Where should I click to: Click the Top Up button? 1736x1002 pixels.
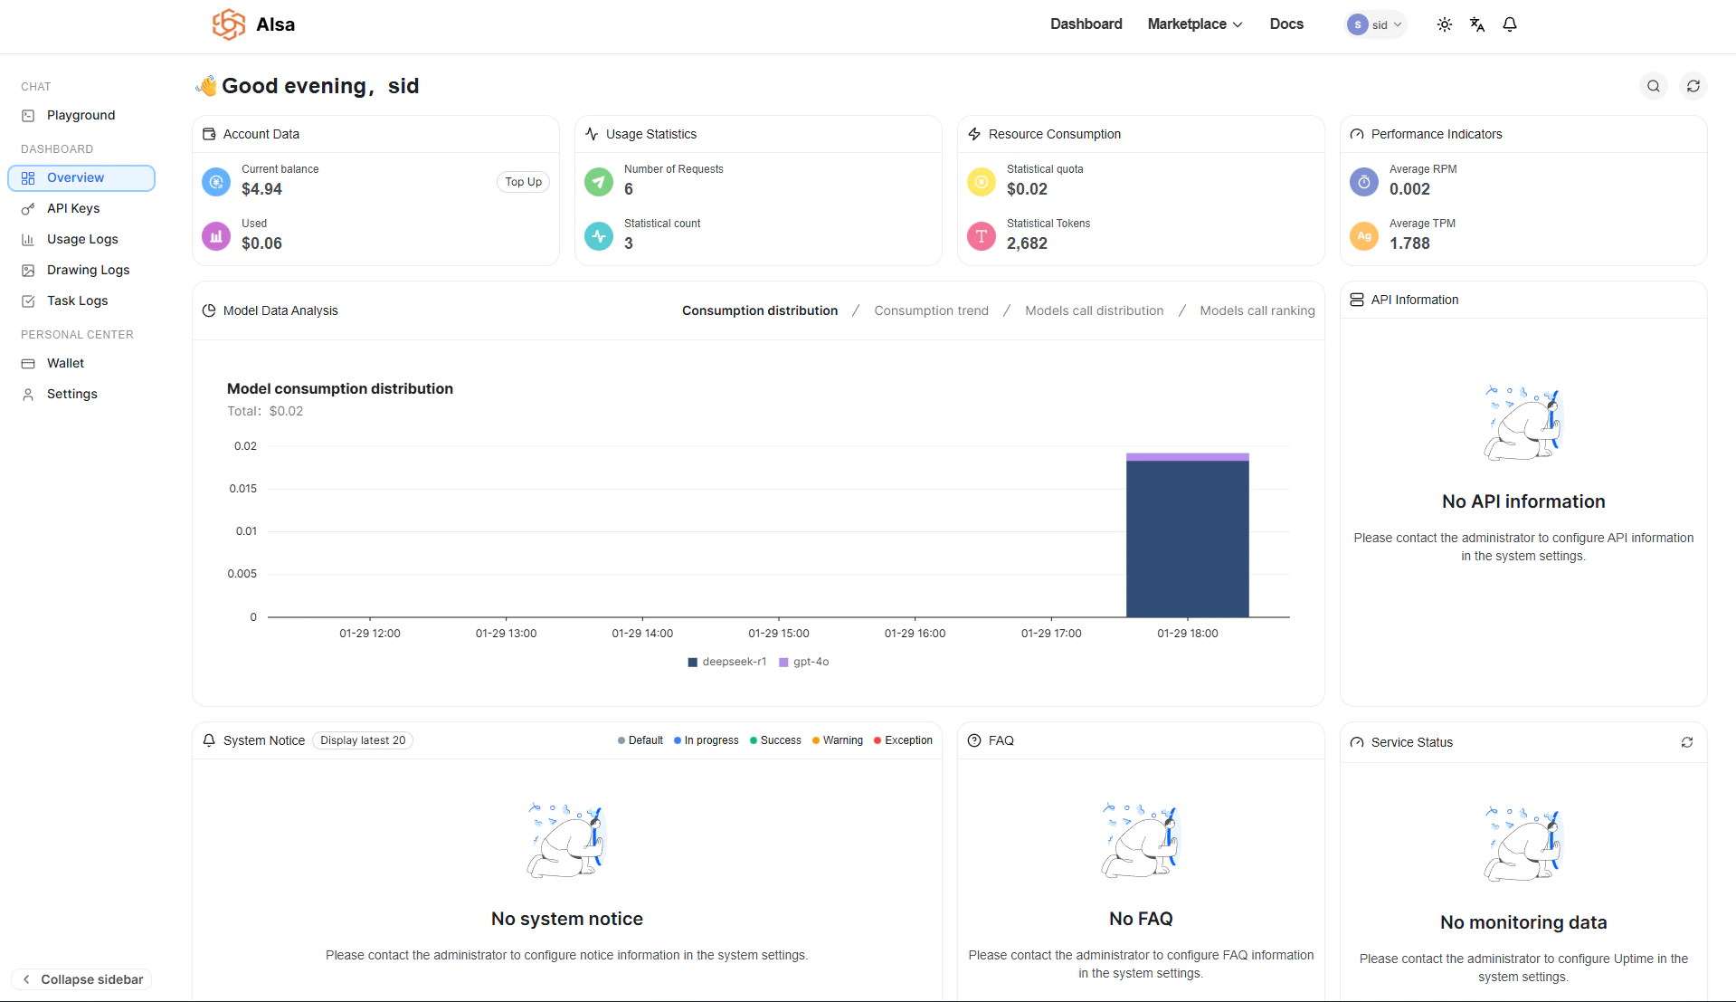523,182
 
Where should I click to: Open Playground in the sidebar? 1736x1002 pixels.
81,115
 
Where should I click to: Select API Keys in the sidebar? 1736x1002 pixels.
72,208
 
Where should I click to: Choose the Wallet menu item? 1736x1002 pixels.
65,363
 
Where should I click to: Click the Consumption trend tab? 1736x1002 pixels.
931,310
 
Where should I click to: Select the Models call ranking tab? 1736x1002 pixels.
1257,310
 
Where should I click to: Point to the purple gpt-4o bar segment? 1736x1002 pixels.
1187,457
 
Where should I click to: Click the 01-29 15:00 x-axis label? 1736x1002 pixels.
778,634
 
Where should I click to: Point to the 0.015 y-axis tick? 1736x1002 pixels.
242,489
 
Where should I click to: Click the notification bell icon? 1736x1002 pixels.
1509,24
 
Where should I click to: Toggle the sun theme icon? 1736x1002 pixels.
1444,24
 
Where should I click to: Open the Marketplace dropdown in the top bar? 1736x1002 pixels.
1194,24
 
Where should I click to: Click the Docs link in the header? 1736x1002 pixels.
1285,24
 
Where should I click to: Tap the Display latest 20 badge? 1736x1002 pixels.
363,740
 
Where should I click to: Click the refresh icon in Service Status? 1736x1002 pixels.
1686,742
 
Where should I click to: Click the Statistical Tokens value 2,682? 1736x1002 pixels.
1027,243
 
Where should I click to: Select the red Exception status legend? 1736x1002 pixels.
903,740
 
